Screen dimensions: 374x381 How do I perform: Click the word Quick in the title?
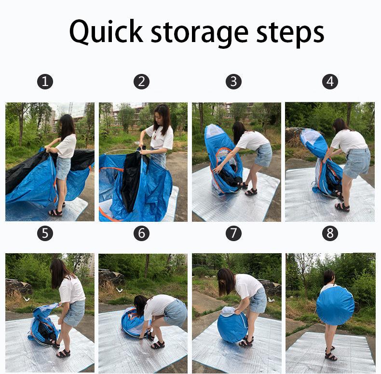point(106,32)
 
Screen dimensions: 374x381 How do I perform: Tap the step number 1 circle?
point(45,82)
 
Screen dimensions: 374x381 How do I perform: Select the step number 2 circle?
point(141,82)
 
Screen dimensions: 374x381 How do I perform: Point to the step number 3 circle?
point(233,82)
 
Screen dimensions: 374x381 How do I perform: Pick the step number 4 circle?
point(330,82)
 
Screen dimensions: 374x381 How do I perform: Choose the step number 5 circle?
point(45,233)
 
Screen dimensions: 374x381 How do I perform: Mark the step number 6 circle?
point(141,233)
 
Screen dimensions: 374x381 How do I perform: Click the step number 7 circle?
point(233,233)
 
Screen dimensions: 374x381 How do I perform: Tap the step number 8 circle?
point(330,233)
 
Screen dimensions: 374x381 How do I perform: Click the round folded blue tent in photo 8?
point(335,305)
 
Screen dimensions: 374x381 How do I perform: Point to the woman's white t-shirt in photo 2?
point(161,137)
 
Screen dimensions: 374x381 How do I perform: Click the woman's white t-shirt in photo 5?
point(73,289)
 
